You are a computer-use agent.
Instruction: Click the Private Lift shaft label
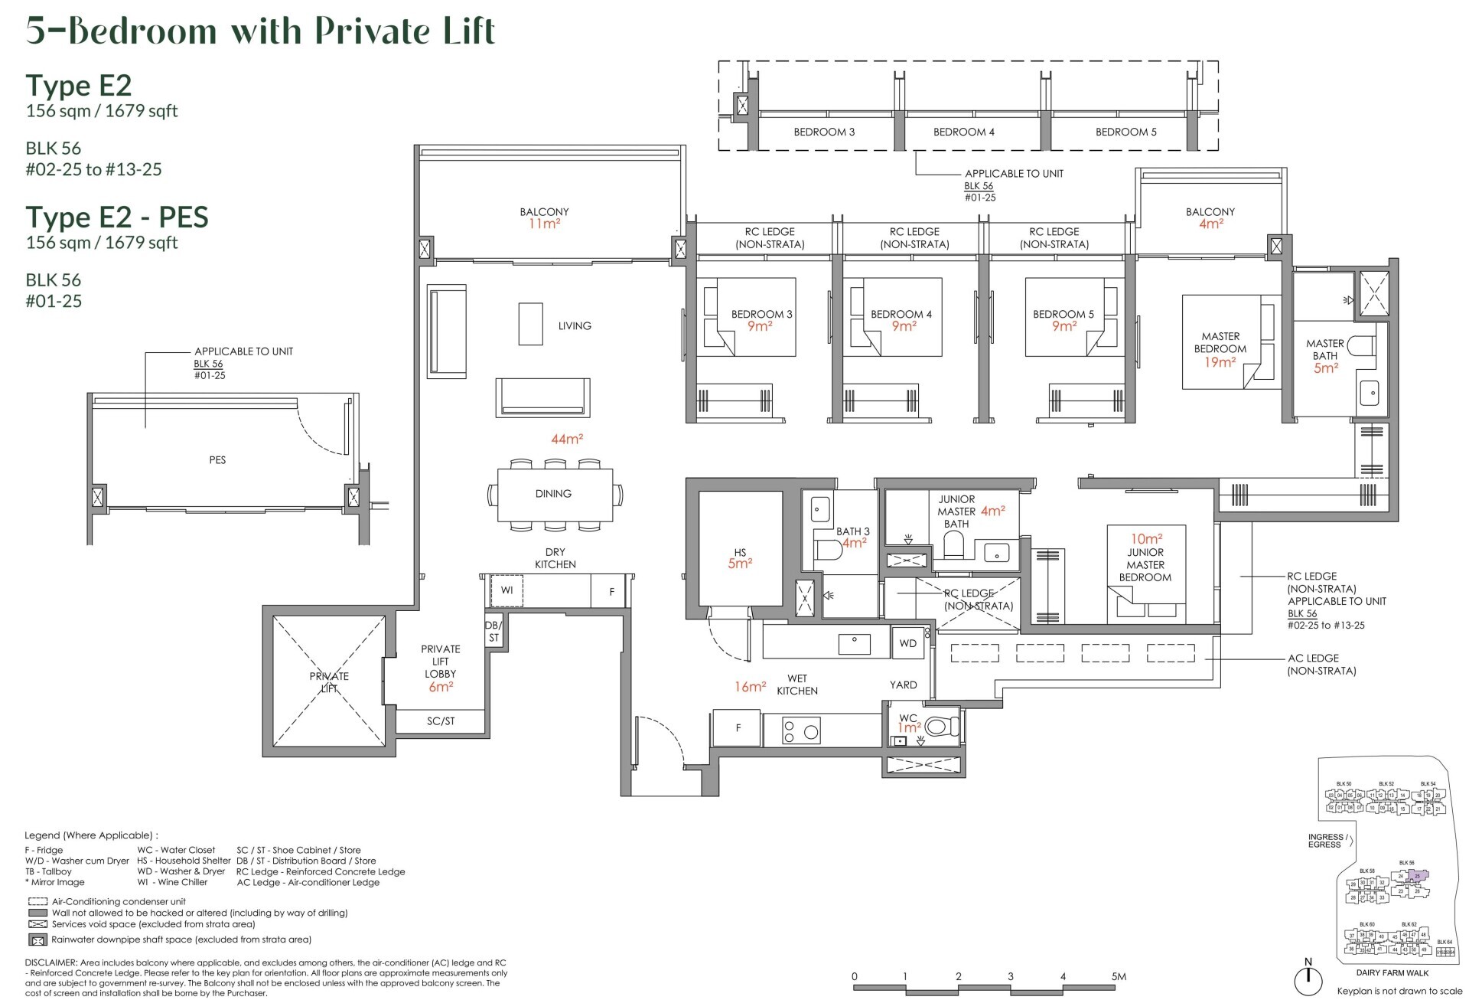[329, 681]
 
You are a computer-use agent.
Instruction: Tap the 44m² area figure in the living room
[567, 440]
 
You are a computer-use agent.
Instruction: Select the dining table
[554, 494]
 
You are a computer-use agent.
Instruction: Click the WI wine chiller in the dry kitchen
[506, 590]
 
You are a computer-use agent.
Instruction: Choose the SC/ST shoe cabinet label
[441, 721]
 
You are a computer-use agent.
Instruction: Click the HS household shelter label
[740, 552]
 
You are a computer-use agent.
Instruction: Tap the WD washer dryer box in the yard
[908, 643]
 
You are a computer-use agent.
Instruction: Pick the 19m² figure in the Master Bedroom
[1220, 361]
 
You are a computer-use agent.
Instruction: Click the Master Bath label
[1325, 349]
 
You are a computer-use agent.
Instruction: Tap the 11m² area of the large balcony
[543, 224]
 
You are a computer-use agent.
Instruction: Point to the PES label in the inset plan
[217, 460]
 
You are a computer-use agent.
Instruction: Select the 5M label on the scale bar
[1119, 976]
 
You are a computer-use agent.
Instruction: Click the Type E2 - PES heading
[117, 217]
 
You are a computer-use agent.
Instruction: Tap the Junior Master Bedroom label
[1145, 564]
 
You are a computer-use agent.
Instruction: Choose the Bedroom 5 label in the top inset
[1126, 132]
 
